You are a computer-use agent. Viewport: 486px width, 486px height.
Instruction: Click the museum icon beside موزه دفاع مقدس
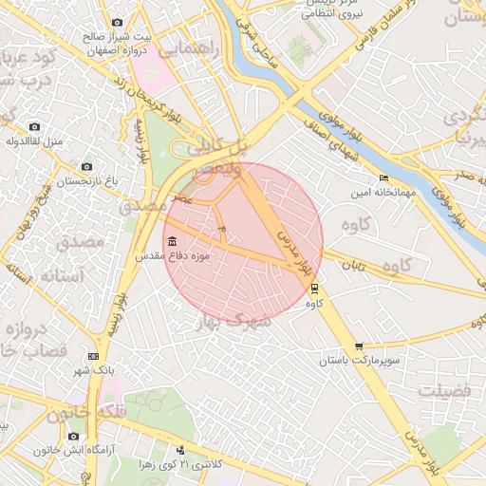click(171, 241)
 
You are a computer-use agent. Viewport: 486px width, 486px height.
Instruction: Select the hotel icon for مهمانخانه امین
click(383, 178)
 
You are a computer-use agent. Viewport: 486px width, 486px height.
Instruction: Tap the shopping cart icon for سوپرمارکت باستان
click(358, 346)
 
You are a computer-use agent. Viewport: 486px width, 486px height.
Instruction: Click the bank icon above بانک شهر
click(93, 355)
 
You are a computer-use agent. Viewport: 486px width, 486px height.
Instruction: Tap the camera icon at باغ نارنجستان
click(86, 166)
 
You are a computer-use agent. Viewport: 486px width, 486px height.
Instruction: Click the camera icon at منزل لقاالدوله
click(34, 126)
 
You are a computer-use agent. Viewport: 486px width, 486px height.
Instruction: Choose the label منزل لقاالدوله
click(34, 141)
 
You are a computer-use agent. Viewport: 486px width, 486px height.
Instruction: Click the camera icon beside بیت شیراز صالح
click(117, 22)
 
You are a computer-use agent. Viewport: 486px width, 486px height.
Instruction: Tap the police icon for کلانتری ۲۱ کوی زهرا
click(180, 450)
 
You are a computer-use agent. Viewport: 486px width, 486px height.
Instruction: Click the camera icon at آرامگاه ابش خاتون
click(73, 437)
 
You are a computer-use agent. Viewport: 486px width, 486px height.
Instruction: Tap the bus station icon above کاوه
click(315, 290)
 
